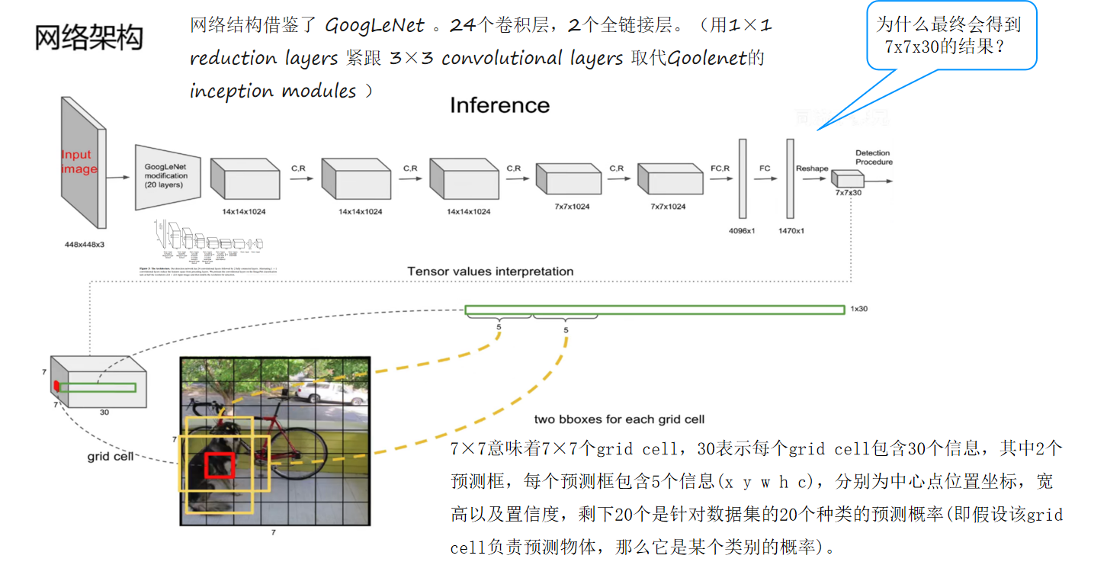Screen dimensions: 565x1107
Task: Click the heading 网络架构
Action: point(88,37)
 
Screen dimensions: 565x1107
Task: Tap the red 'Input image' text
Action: point(79,162)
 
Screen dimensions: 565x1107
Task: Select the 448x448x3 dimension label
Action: point(84,245)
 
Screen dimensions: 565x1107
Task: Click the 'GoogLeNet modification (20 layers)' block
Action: point(166,176)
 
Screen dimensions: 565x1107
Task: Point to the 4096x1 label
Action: point(740,230)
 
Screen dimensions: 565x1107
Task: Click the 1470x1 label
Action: point(791,230)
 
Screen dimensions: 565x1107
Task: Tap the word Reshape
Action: point(812,168)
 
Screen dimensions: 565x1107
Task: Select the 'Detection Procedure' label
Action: point(873,157)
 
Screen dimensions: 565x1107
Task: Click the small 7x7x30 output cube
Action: point(847,178)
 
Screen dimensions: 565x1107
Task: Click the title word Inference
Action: point(499,105)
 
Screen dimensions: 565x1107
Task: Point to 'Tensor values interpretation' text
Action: point(490,271)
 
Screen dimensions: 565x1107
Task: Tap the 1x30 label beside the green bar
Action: point(858,310)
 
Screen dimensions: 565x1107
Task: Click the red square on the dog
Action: point(219,464)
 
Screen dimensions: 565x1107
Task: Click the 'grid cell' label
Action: point(110,457)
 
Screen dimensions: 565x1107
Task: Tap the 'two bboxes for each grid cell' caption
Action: point(619,419)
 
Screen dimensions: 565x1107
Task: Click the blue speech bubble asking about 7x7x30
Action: point(951,36)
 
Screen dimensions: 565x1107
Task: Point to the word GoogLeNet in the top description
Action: point(374,26)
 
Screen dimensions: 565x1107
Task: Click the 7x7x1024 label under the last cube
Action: point(668,207)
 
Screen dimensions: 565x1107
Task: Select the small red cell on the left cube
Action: point(56,387)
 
